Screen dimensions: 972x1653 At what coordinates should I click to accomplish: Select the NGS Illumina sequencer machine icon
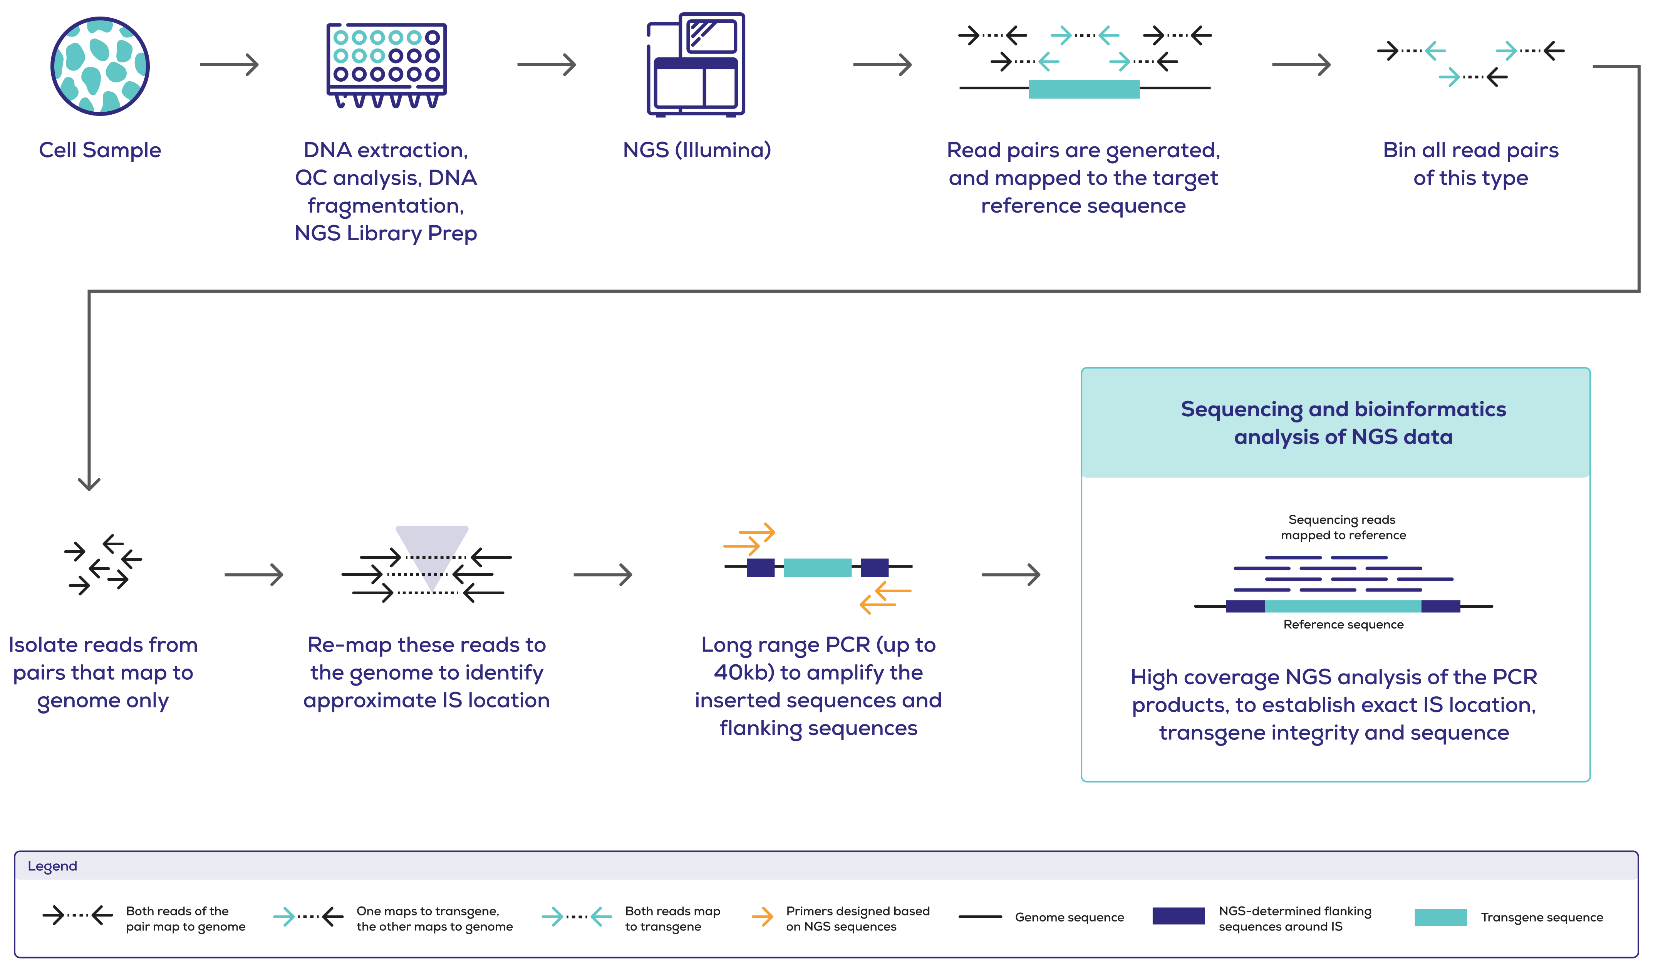pos(696,65)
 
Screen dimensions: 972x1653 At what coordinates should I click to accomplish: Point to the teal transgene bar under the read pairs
pos(1084,89)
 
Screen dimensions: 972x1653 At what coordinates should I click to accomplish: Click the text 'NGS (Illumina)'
pos(697,150)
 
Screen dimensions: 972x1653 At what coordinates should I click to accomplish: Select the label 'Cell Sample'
pos(100,150)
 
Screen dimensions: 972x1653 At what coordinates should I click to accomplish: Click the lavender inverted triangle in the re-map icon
pos(432,545)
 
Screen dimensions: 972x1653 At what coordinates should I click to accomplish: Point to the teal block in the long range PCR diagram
pos(817,567)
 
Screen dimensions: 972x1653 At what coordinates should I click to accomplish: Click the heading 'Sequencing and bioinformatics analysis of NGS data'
pos(1343,423)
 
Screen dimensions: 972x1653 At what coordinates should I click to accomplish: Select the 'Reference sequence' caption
pos(1343,624)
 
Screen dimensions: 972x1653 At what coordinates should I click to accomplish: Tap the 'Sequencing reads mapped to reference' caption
pos(1343,527)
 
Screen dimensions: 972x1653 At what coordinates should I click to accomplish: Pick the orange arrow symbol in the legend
pos(762,916)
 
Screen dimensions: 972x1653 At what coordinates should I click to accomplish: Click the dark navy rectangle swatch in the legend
pos(1178,916)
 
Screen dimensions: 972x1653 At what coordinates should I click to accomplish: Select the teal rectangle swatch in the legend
pos(1440,917)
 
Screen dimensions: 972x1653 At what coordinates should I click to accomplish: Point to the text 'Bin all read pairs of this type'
pos(1471,164)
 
